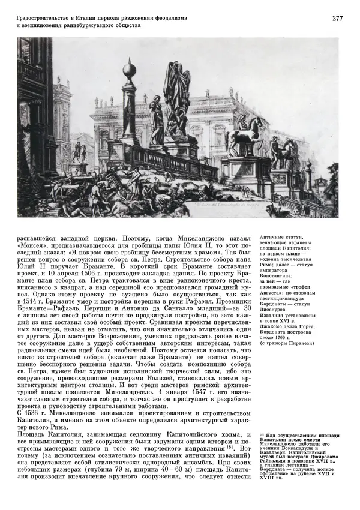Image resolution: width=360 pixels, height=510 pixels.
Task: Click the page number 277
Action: click(x=337, y=19)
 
